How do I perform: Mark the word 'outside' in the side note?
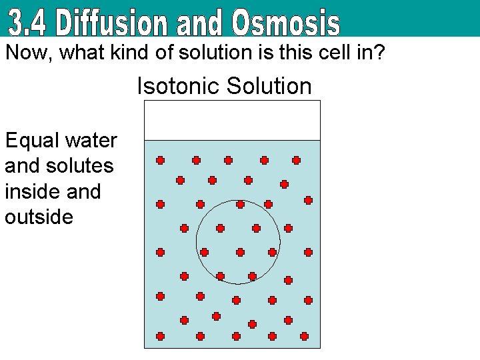click(x=39, y=217)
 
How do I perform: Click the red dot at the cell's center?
click(x=240, y=253)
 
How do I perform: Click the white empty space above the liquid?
click(x=232, y=120)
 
